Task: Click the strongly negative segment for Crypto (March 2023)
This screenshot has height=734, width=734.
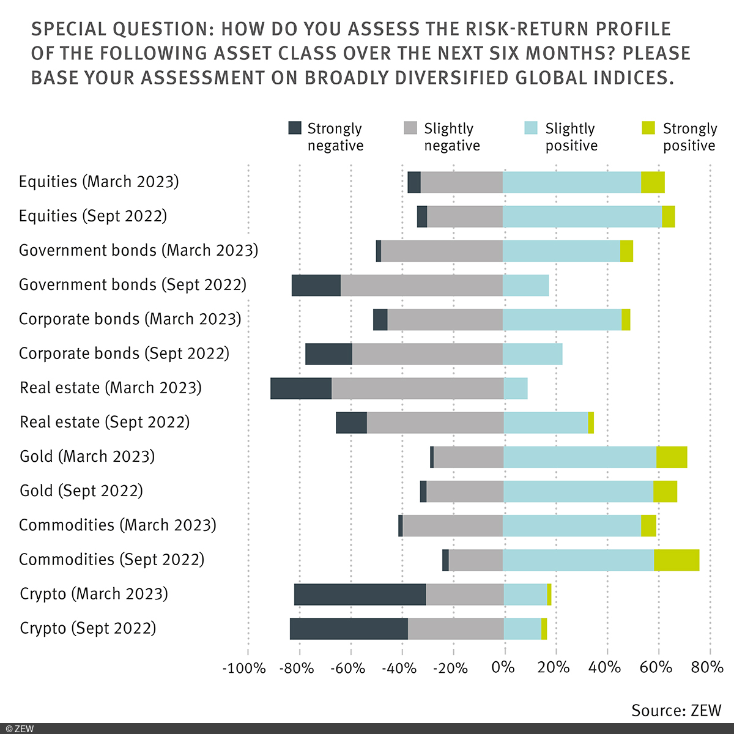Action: point(360,594)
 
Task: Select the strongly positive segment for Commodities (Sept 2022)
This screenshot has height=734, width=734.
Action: point(677,560)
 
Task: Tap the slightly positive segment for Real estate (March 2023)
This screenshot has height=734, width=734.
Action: point(515,388)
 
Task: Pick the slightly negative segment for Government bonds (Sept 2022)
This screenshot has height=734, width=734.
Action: point(421,286)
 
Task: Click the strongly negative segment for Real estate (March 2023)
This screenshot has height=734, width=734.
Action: point(301,388)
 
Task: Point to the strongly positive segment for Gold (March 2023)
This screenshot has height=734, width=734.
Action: point(672,457)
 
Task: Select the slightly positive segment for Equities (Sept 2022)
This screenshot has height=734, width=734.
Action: point(582,217)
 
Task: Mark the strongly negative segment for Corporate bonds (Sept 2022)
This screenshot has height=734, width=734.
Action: point(328,354)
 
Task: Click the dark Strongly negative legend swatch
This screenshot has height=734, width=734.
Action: point(295,128)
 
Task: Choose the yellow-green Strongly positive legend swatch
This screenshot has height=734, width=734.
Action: point(648,128)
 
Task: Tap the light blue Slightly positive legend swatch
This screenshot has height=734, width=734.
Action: point(531,128)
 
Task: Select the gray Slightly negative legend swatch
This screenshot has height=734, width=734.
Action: point(410,128)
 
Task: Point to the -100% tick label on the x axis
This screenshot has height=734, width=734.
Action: point(244,667)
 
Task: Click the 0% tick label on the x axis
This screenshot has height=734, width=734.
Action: point(503,667)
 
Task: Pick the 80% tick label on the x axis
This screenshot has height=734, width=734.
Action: point(707,667)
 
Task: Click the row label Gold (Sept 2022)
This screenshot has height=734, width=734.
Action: point(81,491)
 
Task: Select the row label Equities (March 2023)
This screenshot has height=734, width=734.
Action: point(99,182)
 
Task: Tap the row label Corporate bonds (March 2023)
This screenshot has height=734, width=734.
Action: point(130,319)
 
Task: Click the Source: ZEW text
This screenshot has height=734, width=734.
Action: point(677,710)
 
